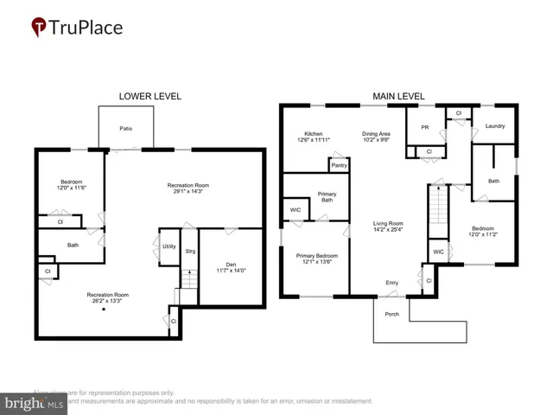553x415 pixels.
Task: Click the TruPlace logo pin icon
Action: pyautogui.click(x=38, y=28)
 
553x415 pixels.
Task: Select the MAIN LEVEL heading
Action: pyautogui.click(x=400, y=96)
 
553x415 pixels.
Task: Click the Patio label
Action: pyautogui.click(x=126, y=129)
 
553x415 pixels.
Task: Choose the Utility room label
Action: pyautogui.click(x=169, y=246)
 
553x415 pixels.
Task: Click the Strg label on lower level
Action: pyautogui.click(x=189, y=252)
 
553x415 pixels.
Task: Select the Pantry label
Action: pyautogui.click(x=339, y=164)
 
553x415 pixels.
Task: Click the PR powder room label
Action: pyautogui.click(x=425, y=127)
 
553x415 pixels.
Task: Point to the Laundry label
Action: pyautogui.click(x=495, y=126)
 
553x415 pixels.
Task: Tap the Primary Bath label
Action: pyautogui.click(x=327, y=198)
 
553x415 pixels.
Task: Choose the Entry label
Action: pyautogui.click(x=392, y=283)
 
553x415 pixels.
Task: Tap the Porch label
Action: pyautogui.click(x=391, y=315)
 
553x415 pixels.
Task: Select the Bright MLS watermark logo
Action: pyautogui.click(x=35, y=403)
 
